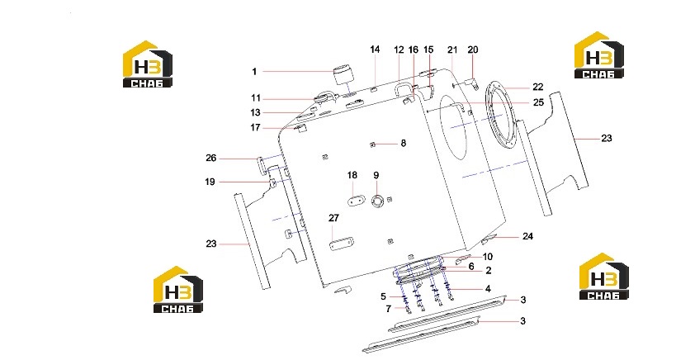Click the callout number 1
(x=254, y=71)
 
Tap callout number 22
(x=537, y=87)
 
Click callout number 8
(x=404, y=143)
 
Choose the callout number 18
(x=352, y=175)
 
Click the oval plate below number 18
(x=355, y=200)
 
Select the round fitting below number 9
(x=376, y=201)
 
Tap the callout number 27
(x=333, y=218)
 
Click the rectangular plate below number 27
(x=341, y=243)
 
